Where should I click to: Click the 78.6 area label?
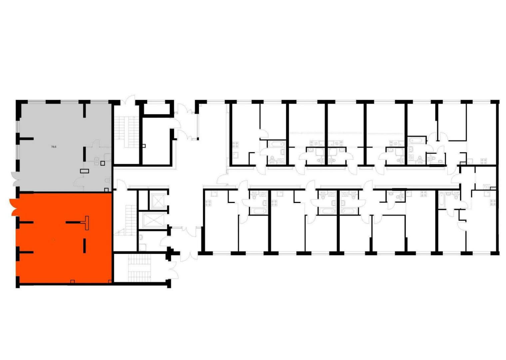tap(54, 147)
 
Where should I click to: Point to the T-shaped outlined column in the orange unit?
tap(86, 223)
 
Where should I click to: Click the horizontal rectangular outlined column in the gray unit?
tap(85, 171)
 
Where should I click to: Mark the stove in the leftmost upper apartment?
tap(236, 145)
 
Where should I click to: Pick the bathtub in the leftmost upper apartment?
tap(276, 144)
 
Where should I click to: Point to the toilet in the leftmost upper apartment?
tap(272, 158)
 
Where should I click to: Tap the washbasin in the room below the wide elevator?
tap(141, 237)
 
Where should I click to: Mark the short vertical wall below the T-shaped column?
tap(85, 246)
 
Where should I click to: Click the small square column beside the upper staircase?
tap(144, 146)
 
